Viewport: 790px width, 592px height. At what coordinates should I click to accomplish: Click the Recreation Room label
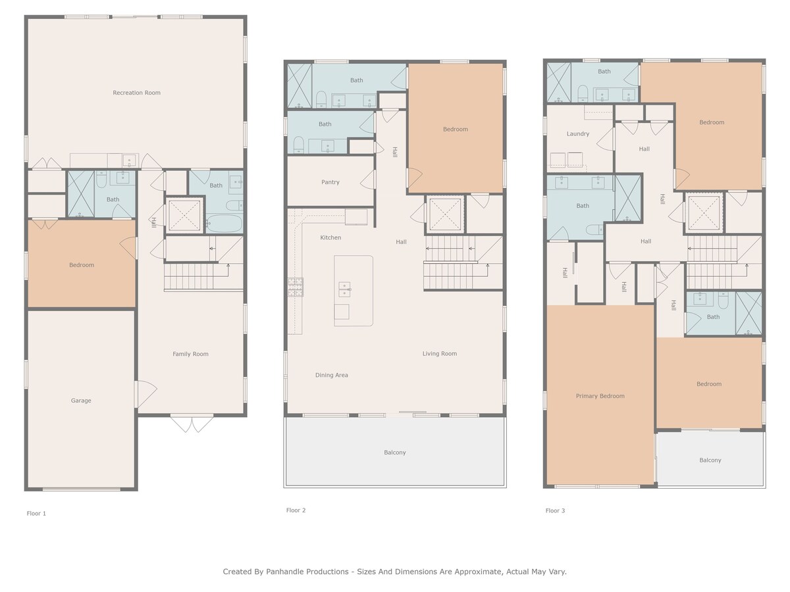(x=136, y=93)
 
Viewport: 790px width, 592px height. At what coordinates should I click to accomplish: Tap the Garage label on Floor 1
(x=81, y=401)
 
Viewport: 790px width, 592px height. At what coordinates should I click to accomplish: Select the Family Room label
(x=190, y=354)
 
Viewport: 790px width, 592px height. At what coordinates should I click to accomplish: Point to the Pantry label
(x=330, y=182)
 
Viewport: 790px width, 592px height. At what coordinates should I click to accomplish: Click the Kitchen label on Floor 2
(x=330, y=237)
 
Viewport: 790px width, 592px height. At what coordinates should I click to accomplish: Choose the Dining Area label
(x=332, y=375)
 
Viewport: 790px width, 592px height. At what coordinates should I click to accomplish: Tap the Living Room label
(x=440, y=354)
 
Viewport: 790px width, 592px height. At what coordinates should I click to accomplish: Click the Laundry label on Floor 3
(x=578, y=134)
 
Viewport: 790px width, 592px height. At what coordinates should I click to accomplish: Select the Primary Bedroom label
(x=600, y=396)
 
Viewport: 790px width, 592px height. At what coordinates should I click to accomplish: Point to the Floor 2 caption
(x=296, y=510)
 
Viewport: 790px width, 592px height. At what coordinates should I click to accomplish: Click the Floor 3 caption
(x=556, y=511)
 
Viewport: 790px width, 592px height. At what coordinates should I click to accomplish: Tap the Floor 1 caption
(x=36, y=514)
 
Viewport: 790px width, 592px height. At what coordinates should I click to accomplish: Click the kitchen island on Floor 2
(x=354, y=291)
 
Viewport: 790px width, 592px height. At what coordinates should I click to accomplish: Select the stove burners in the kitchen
(x=296, y=287)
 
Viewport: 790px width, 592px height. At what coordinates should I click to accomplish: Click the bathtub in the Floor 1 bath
(x=224, y=224)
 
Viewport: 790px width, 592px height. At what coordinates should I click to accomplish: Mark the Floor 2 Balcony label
(x=395, y=453)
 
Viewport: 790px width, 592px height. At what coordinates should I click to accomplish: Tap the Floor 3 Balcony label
(x=710, y=460)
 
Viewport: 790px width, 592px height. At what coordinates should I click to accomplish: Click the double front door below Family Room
(x=192, y=424)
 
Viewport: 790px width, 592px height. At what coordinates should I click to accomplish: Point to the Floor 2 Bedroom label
(x=456, y=130)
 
